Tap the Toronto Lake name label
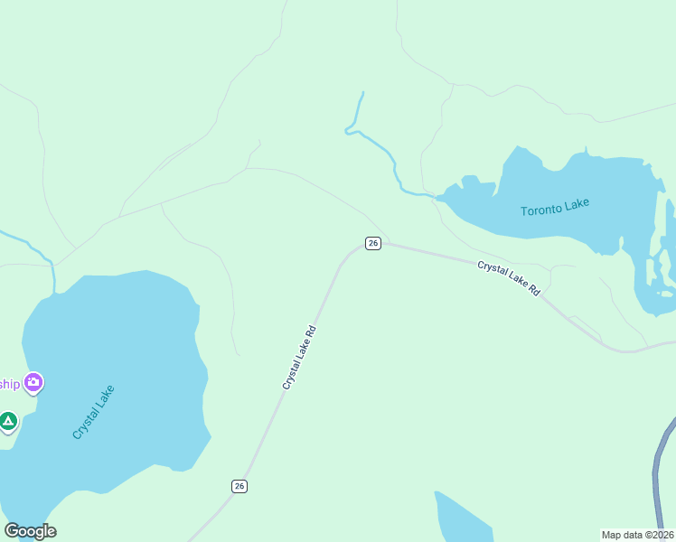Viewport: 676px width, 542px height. coord(555,208)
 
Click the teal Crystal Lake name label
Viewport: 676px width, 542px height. coord(94,412)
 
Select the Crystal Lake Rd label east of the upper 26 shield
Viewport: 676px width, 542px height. coord(509,278)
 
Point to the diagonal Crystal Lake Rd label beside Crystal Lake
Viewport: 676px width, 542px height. coord(298,356)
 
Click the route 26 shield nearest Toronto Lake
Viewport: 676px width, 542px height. coord(373,243)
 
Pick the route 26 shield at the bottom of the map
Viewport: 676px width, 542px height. coord(239,486)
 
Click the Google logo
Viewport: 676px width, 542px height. coord(30,531)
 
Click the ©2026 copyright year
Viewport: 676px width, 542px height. coord(660,534)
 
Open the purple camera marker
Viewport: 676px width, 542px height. coord(34,383)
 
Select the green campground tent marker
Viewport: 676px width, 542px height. coord(8,421)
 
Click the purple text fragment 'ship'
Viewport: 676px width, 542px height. coord(9,383)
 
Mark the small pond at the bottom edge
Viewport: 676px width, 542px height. coord(461,519)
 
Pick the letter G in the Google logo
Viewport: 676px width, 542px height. coord(12,531)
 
